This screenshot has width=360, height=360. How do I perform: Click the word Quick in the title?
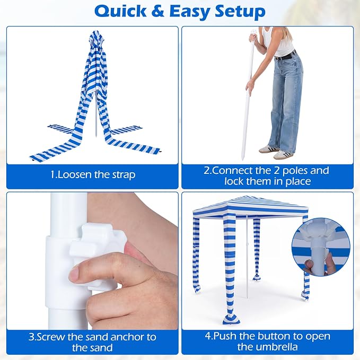click(x=120, y=12)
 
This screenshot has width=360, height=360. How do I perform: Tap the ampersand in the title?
click(x=158, y=12)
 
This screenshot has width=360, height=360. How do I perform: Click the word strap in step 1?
click(x=124, y=175)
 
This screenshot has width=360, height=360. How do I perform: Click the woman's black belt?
click(x=286, y=56)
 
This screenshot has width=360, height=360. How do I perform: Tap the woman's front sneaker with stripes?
click(x=283, y=154)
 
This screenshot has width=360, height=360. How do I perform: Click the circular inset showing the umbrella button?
click(x=321, y=247)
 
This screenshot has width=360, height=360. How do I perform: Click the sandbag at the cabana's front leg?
click(x=231, y=319)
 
